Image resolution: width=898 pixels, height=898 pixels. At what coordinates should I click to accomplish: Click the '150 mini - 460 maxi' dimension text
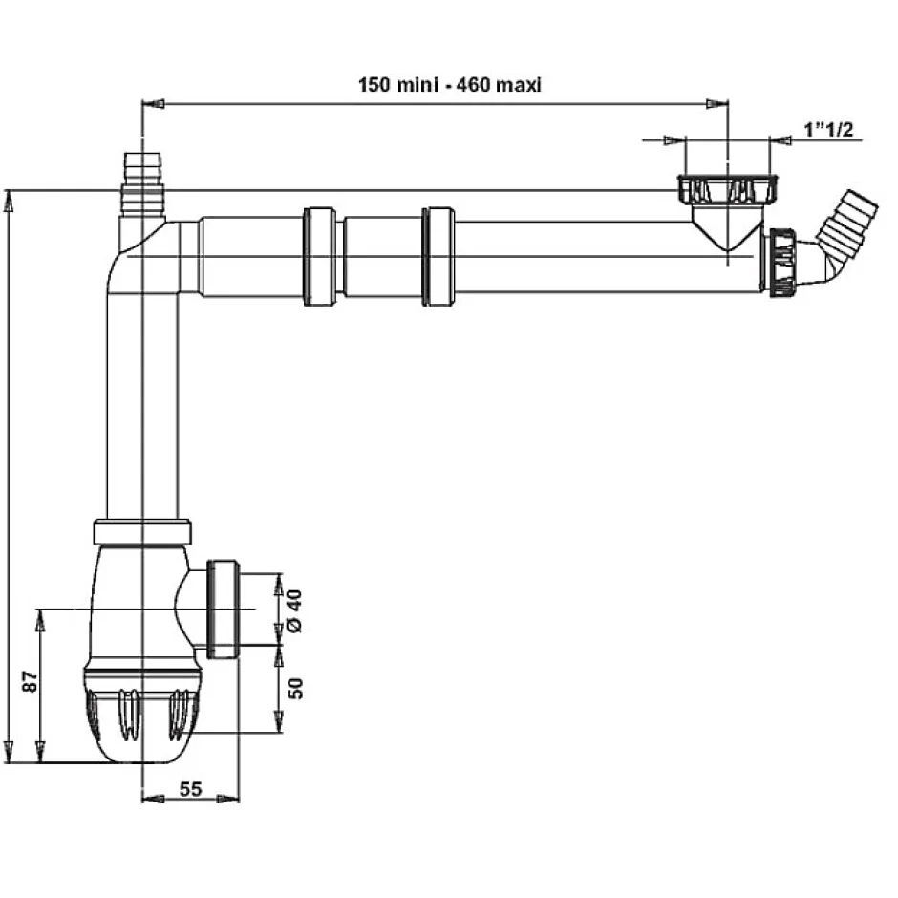pyautogui.click(x=450, y=85)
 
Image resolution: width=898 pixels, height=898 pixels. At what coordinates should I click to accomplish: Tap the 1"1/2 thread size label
pyautogui.click(x=828, y=129)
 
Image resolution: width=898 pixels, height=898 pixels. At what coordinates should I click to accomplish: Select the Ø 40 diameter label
pyautogui.click(x=294, y=610)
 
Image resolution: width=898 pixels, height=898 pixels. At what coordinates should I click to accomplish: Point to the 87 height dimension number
pyautogui.click(x=30, y=682)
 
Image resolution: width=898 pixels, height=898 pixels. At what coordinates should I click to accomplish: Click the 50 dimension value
pyautogui.click(x=295, y=688)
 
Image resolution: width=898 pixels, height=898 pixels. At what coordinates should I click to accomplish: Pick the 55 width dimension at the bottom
pyautogui.click(x=190, y=788)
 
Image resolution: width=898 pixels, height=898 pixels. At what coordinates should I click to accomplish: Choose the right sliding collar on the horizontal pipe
pyautogui.click(x=438, y=256)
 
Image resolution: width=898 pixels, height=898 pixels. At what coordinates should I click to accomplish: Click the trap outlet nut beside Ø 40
pyautogui.click(x=222, y=609)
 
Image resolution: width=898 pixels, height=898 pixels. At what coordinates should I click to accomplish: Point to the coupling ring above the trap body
pyautogui.click(x=144, y=530)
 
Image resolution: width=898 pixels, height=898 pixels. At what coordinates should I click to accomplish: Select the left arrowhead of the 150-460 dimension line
pyautogui.click(x=148, y=101)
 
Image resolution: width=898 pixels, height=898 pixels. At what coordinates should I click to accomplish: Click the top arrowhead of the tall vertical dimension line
pyautogui.click(x=10, y=197)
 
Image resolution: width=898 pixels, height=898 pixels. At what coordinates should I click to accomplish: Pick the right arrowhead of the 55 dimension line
pyautogui.click(x=232, y=799)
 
